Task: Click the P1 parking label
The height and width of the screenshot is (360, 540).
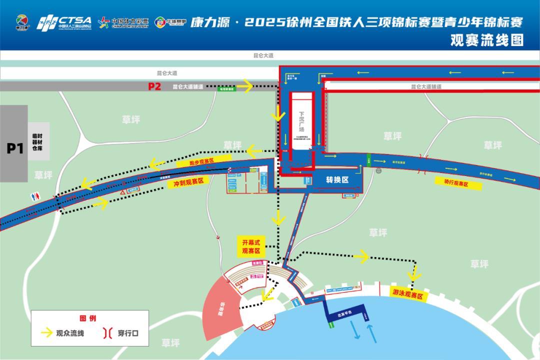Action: click(15, 148)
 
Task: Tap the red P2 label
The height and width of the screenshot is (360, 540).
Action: click(154, 86)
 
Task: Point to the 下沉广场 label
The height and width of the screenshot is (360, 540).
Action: click(301, 120)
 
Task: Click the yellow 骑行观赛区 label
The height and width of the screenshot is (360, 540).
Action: click(455, 183)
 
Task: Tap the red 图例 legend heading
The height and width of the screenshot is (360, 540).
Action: click(87, 318)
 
